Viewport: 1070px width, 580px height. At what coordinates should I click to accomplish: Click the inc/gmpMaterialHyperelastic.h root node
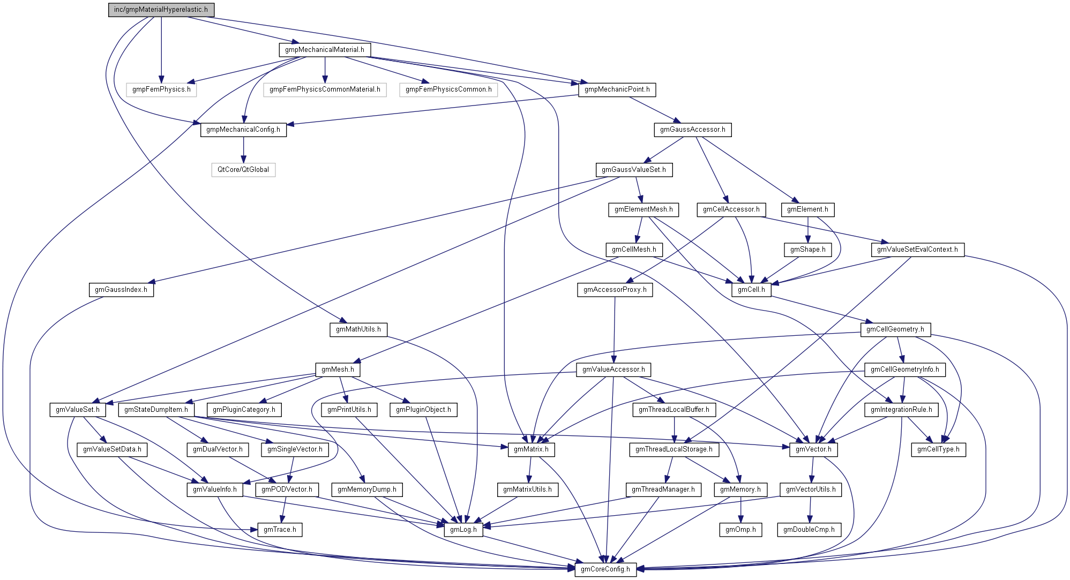click(x=161, y=10)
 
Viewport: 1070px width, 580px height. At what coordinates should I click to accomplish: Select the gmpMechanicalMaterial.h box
click(x=324, y=50)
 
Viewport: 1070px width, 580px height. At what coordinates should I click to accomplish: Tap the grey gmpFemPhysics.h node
click(x=161, y=89)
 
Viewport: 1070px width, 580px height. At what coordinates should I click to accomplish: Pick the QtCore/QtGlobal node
click(x=243, y=170)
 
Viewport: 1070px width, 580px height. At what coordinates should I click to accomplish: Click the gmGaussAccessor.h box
click(x=692, y=130)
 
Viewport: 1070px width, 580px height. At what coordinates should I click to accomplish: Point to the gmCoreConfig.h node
click(x=605, y=569)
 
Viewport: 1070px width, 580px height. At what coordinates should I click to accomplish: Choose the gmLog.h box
click(x=463, y=530)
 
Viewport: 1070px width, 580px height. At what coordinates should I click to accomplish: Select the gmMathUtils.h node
click(x=358, y=329)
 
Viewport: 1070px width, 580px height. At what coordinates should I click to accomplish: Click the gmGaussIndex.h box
click(x=121, y=290)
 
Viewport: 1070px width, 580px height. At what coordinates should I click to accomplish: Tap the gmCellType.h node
click(x=938, y=449)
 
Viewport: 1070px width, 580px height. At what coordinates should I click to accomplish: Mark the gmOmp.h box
click(x=740, y=530)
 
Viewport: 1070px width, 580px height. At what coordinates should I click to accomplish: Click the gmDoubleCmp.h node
click(x=809, y=530)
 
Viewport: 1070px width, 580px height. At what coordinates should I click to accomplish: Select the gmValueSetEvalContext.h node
click(x=917, y=250)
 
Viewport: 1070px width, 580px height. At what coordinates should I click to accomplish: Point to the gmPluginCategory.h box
click(x=244, y=410)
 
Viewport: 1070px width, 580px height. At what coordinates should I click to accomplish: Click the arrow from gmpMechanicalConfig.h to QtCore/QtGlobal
click(x=243, y=150)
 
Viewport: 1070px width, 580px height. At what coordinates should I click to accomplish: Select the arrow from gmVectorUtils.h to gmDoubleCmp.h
click(x=810, y=509)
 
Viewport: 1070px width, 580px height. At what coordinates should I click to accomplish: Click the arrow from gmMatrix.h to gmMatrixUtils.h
click(x=530, y=470)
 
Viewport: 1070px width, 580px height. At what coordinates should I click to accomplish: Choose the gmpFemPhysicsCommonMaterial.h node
click(x=325, y=89)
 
